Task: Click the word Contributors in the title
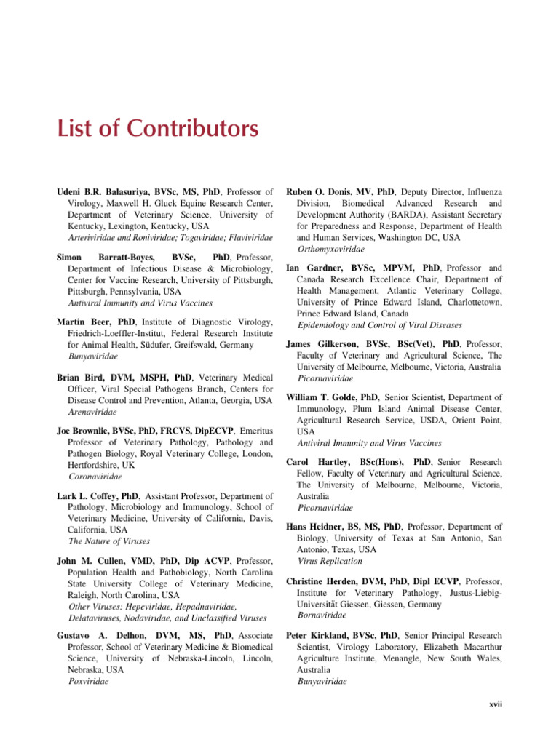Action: pyautogui.click(x=193, y=130)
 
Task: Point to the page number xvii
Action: pyautogui.click(x=494, y=704)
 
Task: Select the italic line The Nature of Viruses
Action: pyautogui.click(x=109, y=541)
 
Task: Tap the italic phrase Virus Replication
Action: pyautogui.click(x=330, y=561)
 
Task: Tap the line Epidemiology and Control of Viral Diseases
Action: pyautogui.click(x=379, y=325)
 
